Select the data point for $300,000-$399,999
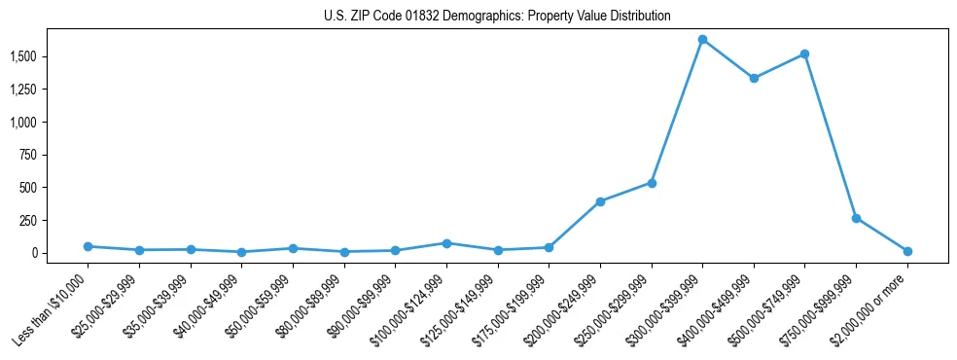click(702, 40)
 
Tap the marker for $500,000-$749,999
click(804, 54)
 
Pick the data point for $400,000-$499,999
click(754, 78)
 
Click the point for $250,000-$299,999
click(652, 183)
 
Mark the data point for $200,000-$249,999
click(600, 201)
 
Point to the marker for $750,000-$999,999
click(856, 218)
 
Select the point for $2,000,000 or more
click(907, 251)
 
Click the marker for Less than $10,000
click(89, 246)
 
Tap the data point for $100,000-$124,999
click(446, 243)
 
